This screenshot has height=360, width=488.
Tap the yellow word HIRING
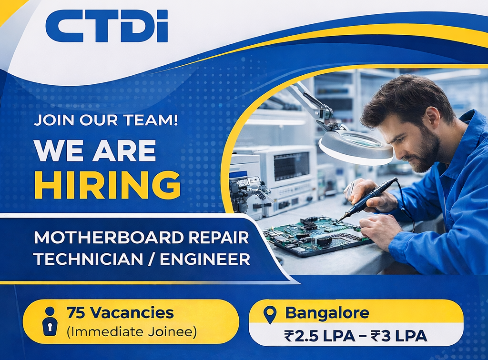point(107,185)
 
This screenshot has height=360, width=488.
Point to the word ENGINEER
point(205,259)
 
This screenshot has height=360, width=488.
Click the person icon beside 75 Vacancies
point(49,321)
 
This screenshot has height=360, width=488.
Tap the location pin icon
point(270,314)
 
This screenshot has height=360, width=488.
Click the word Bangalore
point(327,313)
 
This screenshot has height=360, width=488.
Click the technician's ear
point(434,118)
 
